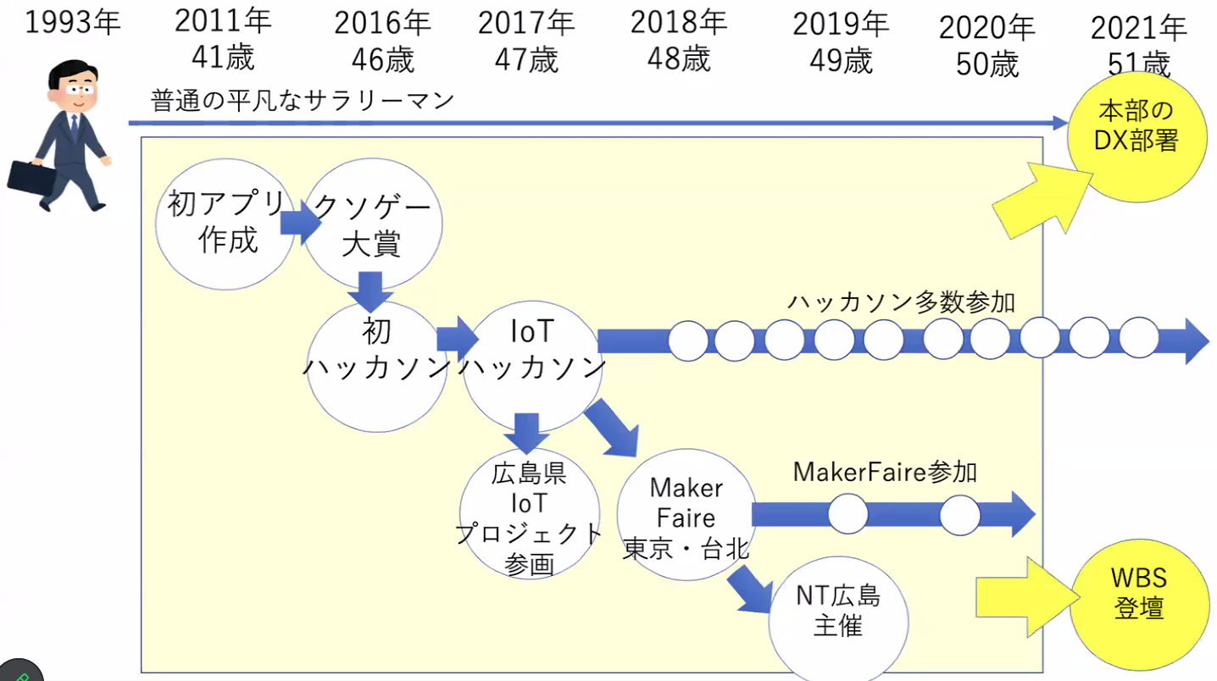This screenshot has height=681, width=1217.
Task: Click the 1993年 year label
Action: pyautogui.click(x=73, y=23)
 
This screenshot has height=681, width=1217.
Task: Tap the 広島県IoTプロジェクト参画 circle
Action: pyautogui.click(x=530, y=517)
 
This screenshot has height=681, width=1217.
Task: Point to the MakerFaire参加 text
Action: pyautogui.click(x=884, y=472)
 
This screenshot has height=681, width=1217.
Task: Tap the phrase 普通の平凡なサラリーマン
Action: pyautogui.click(x=303, y=101)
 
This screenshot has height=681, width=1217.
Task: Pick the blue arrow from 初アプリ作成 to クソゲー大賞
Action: pyautogui.click(x=299, y=223)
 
